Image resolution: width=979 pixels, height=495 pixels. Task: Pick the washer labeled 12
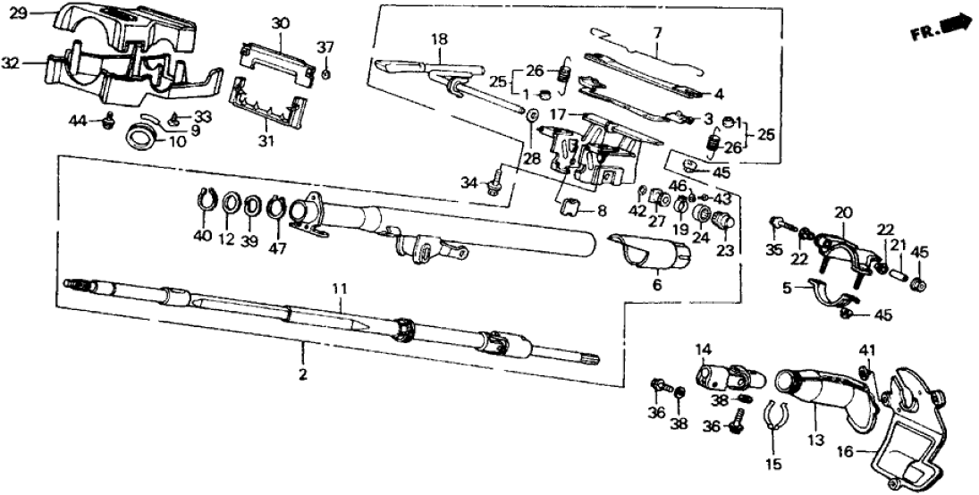230,207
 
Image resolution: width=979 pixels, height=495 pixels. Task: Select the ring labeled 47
278,209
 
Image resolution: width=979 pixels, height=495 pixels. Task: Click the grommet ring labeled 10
142,138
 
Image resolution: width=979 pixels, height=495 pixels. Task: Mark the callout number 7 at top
657,33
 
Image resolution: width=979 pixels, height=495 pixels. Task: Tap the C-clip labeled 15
773,415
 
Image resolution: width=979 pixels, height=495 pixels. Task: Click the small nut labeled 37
326,73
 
